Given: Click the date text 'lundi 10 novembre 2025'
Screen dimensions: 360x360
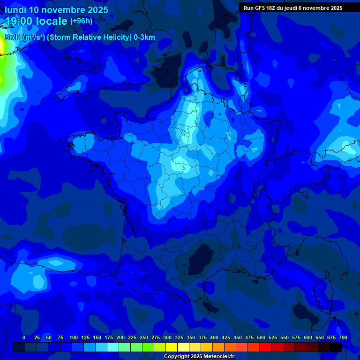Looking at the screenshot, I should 56,10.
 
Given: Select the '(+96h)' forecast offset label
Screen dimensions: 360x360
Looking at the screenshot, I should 81,21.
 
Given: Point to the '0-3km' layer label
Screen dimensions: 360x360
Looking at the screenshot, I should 144,37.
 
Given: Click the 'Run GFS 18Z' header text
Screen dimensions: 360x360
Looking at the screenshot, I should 262,8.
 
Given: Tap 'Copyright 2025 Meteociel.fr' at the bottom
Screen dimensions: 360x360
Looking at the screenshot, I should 199,356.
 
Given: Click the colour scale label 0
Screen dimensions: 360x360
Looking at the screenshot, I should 24,337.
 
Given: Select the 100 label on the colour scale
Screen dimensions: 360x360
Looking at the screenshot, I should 74,337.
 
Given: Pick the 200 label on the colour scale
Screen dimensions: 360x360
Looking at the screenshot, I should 120,337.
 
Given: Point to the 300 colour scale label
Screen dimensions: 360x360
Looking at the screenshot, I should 167,337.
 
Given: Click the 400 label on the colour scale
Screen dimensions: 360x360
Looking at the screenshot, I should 214,337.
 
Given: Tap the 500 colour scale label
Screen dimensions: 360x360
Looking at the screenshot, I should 261,337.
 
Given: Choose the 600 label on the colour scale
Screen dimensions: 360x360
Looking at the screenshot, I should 308,337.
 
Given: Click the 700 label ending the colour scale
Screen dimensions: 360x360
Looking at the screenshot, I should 343,337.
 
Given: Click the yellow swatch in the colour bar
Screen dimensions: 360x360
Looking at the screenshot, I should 172,347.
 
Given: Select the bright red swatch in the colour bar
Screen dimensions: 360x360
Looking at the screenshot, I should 265,347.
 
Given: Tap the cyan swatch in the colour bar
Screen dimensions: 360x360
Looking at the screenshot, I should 113,347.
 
